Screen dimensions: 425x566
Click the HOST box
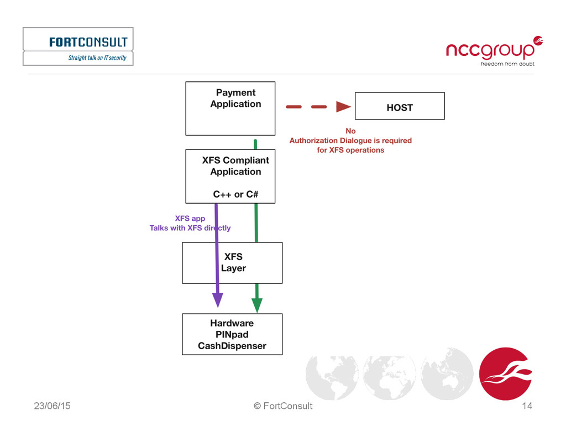[399, 106]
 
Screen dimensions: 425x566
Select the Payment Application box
[230, 108]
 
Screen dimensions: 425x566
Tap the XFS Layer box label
[233, 263]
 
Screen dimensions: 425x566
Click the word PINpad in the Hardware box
[232, 334]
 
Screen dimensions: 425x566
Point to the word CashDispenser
[232, 346]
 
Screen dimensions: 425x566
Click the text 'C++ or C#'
[235, 194]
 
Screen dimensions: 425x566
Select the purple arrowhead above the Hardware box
[218, 299]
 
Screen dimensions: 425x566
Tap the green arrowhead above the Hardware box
[256, 305]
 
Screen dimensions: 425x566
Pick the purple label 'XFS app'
[190, 219]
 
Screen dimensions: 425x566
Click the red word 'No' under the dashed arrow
[350, 131]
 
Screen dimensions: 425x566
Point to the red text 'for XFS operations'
[350, 150]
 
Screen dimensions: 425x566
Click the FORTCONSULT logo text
[88, 42]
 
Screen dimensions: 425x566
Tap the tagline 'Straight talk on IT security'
[97, 58]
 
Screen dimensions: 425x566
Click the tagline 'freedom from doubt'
[507, 64]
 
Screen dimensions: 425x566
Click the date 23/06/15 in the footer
[52, 406]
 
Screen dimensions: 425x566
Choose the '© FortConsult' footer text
[283, 406]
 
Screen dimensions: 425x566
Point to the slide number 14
[527, 406]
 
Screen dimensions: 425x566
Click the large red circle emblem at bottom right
[505, 374]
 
